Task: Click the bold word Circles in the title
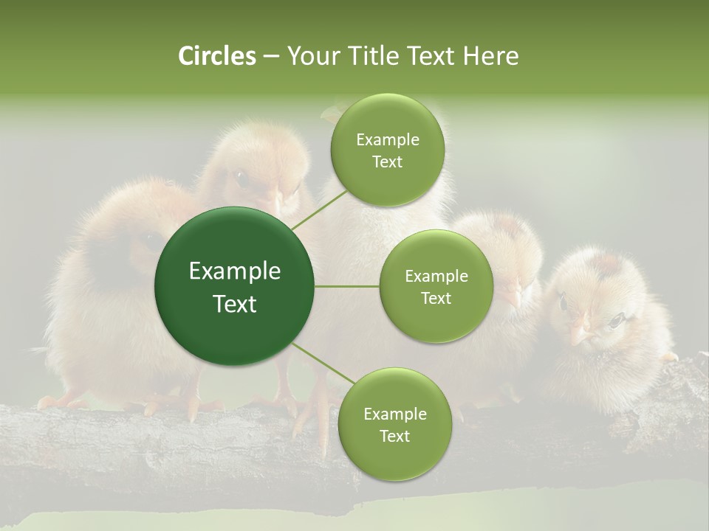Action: click(216, 56)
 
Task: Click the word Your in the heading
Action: click(311, 56)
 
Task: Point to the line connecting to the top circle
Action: click(319, 209)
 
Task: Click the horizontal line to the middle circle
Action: click(347, 286)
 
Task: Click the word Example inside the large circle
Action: click(234, 271)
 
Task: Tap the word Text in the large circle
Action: click(234, 304)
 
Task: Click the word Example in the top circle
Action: click(387, 140)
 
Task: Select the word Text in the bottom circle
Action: click(394, 436)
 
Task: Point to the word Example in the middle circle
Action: click(436, 277)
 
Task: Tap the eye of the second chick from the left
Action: click(241, 177)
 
